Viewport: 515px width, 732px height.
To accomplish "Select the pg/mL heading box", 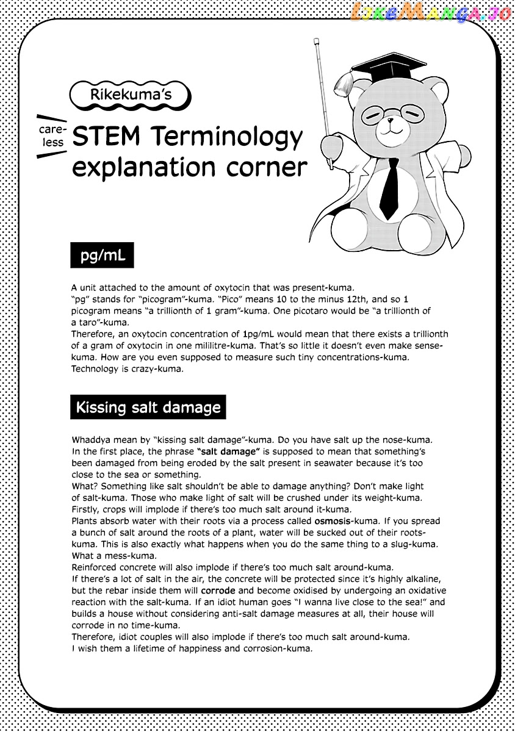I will (103, 256).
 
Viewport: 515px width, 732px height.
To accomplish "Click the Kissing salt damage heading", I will (148, 407).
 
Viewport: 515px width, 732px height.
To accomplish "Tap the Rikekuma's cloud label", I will (131, 95).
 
